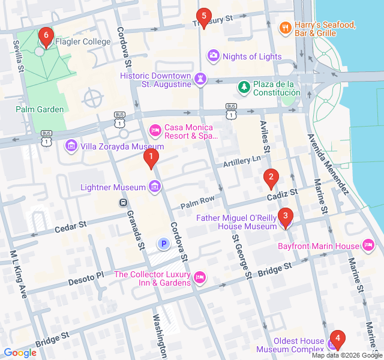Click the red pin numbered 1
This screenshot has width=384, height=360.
(151, 158)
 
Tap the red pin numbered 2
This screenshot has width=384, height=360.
(271, 176)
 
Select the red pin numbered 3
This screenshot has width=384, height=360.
(285, 216)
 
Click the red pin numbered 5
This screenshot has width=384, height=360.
(203, 16)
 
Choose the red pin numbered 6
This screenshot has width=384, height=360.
(46, 36)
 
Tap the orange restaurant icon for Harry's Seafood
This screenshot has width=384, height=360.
(285, 27)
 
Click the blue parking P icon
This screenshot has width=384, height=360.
(163, 244)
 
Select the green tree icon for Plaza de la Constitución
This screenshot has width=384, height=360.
(244, 88)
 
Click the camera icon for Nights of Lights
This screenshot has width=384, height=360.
(213, 56)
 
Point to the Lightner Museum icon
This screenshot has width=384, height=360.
(155, 187)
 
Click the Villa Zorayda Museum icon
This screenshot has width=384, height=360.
(71, 146)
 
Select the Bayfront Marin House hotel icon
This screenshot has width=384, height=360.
(368, 245)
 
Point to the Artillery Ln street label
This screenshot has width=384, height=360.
(242, 160)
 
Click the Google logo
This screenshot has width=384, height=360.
(20, 353)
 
